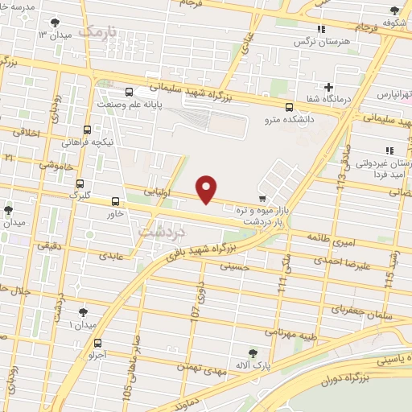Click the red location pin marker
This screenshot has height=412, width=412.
tap(207, 188)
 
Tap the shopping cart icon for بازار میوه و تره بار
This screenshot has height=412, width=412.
tap(262, 198)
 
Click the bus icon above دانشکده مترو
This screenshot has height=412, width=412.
tap(289, 107)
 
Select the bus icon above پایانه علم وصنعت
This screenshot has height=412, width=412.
tap(130, 91)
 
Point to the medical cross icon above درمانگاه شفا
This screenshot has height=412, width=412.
tap(328, 87)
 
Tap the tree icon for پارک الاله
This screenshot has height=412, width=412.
tap(253, 352)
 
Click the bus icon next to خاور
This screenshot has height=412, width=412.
tap(115, 202)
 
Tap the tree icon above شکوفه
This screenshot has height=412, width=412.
tap(393, 10)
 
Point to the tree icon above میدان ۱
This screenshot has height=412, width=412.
tap(83, 312)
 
